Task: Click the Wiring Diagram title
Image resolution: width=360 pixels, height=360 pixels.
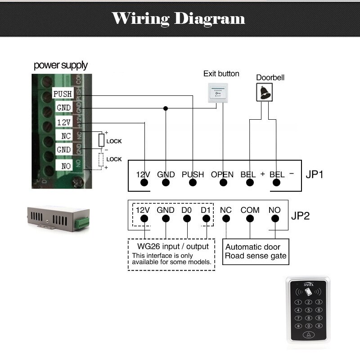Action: pyautogui.click(x=179, y=18)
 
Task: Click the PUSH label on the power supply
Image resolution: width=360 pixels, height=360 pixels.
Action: pyautogui.click(x=62, y=94)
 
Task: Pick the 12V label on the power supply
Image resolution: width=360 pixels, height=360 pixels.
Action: pyautogui.click(x=62, y=122)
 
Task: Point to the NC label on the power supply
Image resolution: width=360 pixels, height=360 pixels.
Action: pyautogui.click(x=62, y=135)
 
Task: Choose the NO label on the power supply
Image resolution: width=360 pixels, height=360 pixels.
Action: pyautogui.click(x=62, y=166)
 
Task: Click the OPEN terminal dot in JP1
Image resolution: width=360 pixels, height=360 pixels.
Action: pyautogui.click(x=222, y=183)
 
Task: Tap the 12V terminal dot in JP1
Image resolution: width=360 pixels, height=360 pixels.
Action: pyautogui.click(x=144, y=183)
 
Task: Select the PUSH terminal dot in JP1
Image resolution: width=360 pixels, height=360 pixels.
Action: pyautogui.click(x=193, y=183)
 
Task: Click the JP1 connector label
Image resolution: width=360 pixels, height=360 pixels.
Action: pyautogui.click(x=315, y=174)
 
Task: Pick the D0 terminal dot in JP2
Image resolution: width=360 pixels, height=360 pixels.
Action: pyautogui.click(x=186, y=219)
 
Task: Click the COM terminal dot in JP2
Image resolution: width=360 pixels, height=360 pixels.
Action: pyautogui.click(x=250, y=219)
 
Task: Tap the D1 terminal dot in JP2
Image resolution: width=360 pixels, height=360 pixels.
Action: pyautogui.click(x=206, y=219)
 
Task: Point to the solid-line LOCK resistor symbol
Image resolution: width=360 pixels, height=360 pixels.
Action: pyautogui.click(x=102, y=140)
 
